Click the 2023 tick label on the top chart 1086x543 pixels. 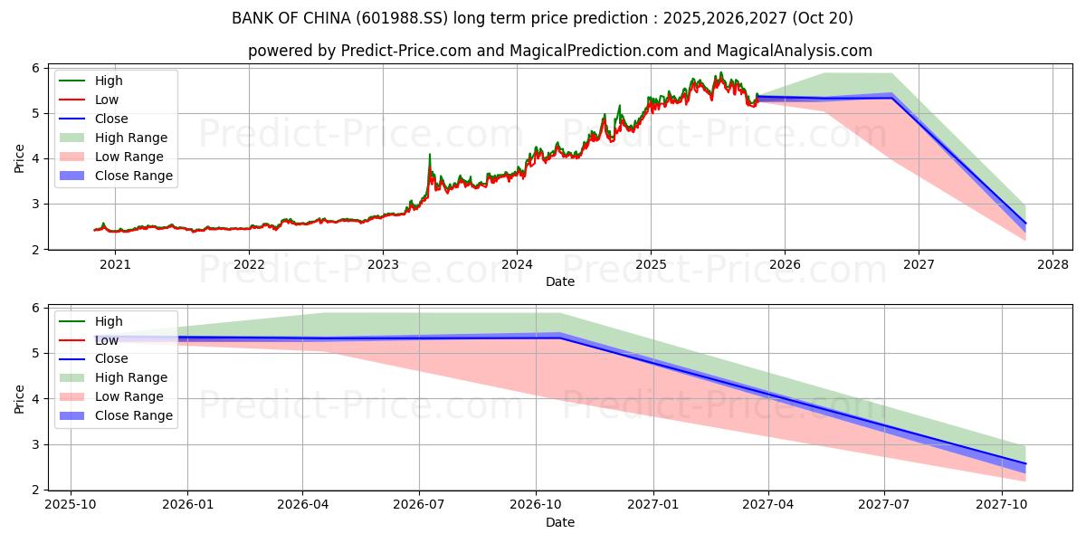click(383, 264)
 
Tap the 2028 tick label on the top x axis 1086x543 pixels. click(1053, 264)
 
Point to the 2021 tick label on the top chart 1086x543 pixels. click(115, 264)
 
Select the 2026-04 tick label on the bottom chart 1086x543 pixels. click(303, 504)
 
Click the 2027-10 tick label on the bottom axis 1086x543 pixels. click(1002, 504)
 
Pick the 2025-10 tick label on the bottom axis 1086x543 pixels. click(71, 504)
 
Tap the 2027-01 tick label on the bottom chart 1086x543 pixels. click(653, 504)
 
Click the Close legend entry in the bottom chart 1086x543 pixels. click(111, 358)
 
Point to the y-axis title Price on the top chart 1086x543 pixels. click(20, 158)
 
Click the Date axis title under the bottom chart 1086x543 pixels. click(559, 522)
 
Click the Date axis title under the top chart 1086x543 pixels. click(559, 281)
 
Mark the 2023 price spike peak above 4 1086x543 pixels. click(429, 155)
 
